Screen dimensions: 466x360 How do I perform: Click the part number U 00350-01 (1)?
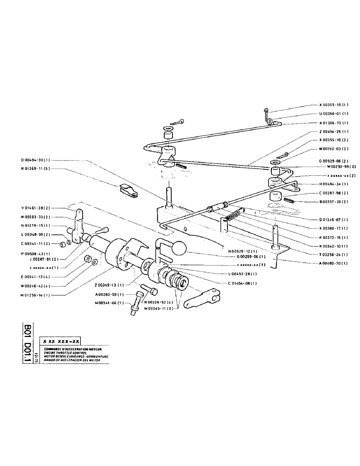[334, 114]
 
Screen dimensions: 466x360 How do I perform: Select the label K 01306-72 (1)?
[334, 123]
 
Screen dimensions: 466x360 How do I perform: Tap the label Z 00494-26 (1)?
[334, 132]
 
